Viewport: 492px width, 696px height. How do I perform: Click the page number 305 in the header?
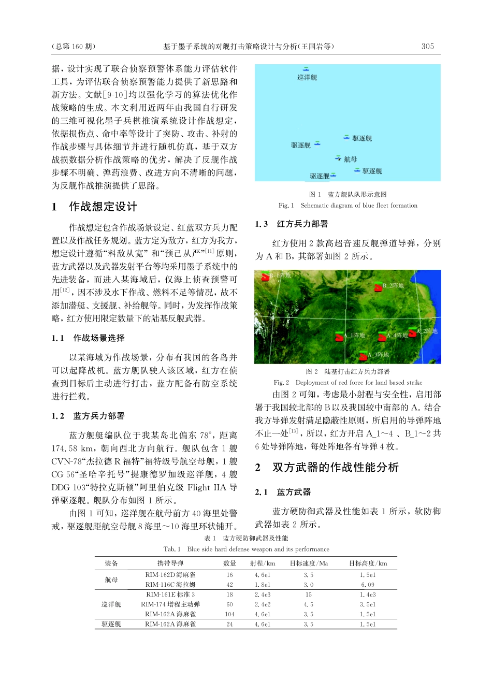427,46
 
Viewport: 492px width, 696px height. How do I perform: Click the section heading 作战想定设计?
103,207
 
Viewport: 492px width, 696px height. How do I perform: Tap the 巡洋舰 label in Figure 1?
307,78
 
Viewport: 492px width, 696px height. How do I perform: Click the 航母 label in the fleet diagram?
351,160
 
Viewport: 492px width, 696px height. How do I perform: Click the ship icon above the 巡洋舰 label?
306,69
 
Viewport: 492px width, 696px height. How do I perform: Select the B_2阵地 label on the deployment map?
393,285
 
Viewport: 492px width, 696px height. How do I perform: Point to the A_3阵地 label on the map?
379,355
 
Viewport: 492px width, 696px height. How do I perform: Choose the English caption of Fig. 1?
348,206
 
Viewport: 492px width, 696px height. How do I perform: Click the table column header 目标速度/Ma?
309,563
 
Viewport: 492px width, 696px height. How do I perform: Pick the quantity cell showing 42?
229,584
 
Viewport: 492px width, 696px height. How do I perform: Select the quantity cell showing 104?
229,614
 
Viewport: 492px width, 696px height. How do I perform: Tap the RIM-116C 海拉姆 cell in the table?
170,584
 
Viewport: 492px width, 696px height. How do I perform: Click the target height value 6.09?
367,584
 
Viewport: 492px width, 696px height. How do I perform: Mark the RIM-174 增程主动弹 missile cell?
170,604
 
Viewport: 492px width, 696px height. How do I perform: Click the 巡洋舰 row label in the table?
111,604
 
